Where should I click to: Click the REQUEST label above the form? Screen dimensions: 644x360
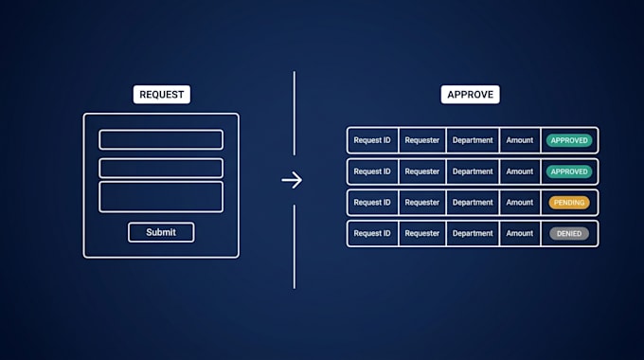161,95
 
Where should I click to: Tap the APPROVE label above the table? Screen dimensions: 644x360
471,95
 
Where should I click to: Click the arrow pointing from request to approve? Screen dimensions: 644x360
292,180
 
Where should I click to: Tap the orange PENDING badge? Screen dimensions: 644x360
569,203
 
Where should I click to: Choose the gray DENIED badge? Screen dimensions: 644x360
569,233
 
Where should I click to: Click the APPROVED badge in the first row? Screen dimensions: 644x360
569,140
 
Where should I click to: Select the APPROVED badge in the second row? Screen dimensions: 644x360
569,171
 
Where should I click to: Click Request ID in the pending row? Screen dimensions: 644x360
372,203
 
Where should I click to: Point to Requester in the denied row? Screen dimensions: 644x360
422,233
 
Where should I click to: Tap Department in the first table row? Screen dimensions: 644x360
473,140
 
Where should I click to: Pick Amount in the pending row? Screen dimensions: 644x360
520,203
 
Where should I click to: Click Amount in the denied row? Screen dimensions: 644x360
520,233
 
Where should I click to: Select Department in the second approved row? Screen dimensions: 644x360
473,171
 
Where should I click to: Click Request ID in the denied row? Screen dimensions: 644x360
372,233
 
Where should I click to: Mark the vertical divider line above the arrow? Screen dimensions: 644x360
295,114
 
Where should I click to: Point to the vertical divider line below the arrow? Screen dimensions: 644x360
295,246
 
